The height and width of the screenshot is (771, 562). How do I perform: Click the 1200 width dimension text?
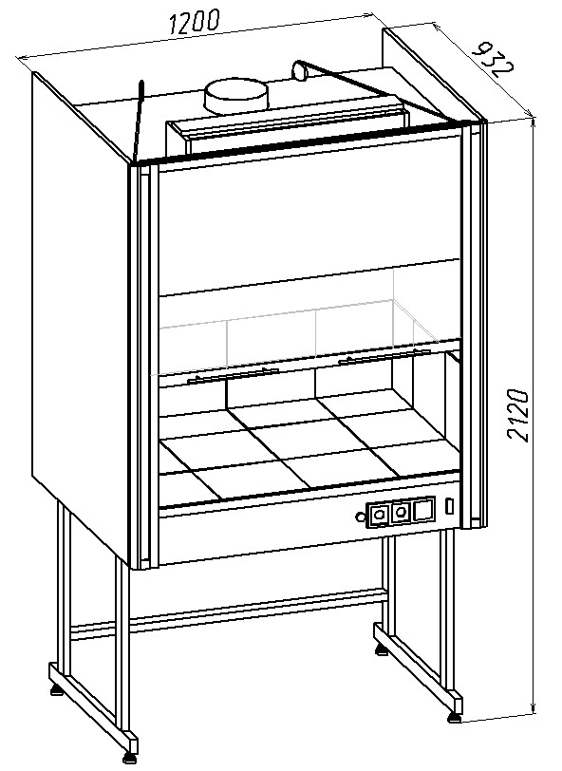click(195, 22)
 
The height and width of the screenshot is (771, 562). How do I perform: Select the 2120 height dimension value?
click(518, 416)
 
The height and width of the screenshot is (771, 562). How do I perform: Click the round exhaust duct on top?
click(236, 96)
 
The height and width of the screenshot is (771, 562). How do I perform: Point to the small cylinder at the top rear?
click(299, 69)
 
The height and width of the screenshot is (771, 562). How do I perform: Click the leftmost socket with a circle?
click(379, 515)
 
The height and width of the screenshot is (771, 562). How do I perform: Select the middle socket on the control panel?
click(402, 512)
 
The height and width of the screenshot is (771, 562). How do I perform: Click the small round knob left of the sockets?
click(361, 517)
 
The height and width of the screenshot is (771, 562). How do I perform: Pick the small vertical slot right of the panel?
click(449, 506)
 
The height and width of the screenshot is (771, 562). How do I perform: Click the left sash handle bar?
click(234, 375)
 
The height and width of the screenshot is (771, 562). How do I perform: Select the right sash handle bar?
click(384, 355)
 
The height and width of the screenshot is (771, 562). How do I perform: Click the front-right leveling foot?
click(455, 718)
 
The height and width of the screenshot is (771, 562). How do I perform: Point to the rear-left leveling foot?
click(57, 691)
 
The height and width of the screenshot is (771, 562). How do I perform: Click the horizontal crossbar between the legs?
click(229, 613)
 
